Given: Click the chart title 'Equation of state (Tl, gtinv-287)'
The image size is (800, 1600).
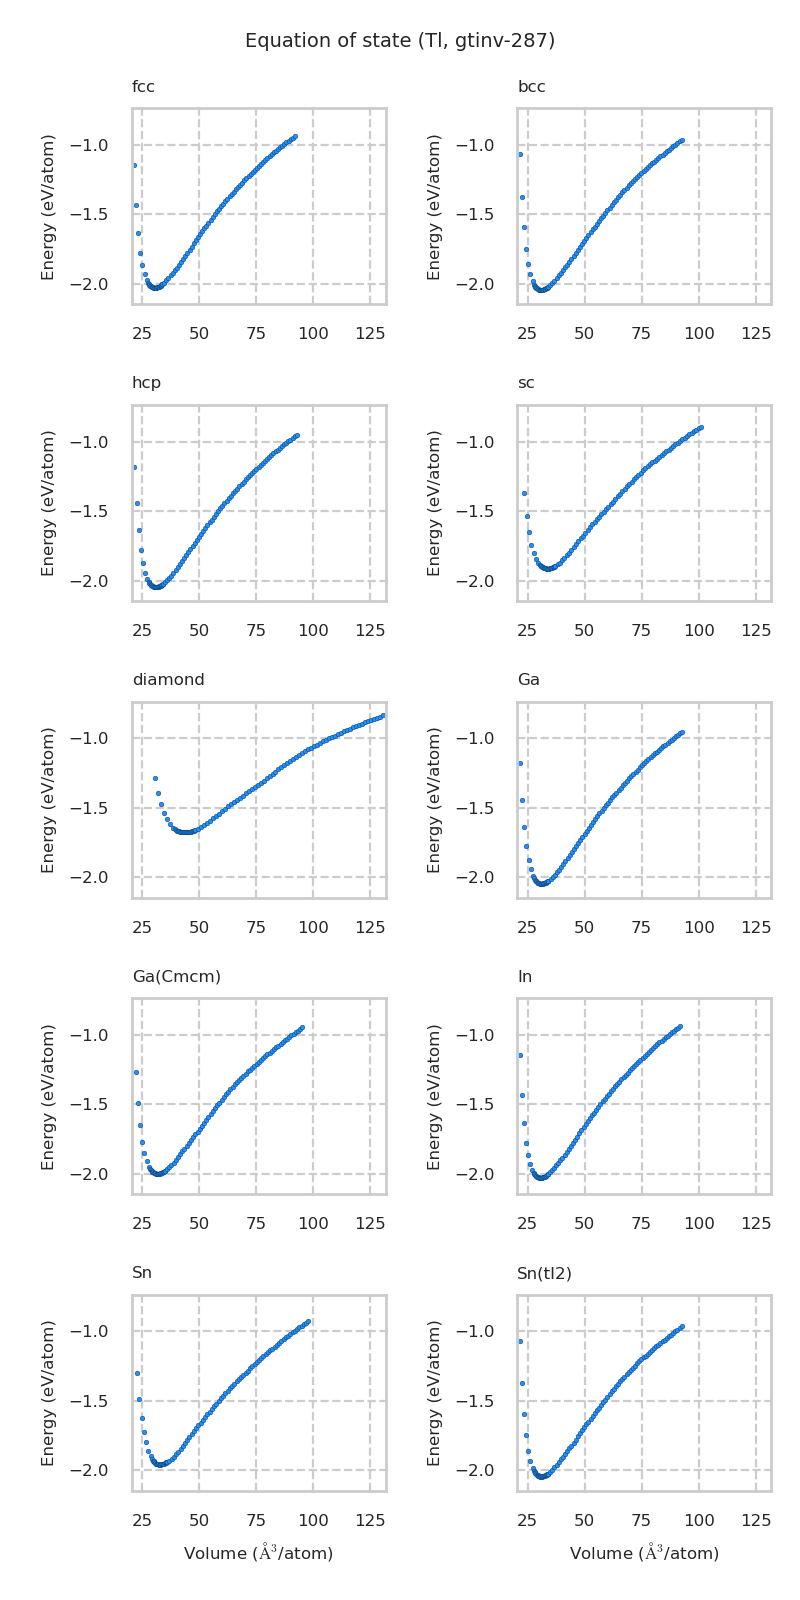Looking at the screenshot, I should click(x=400, y=41).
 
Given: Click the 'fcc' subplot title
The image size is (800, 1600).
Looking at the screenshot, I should click(x=143, y=87).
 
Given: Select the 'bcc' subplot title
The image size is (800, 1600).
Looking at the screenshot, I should click(x=531, y=87).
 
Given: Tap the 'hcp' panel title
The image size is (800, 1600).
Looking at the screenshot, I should click(x=146, y=383).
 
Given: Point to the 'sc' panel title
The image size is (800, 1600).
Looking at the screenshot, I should click(x=526, y=383).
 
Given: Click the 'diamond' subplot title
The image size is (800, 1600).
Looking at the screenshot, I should click(x=168, y=680).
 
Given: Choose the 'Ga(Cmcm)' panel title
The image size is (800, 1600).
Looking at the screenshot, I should click(x=176, y=976).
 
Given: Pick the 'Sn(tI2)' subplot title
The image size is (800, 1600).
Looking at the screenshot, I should click(x=544, y=1273).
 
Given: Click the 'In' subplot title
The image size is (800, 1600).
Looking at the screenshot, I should click(x=524, y=976).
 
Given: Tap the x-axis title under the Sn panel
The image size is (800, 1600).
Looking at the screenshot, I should click(x=258, y=1553).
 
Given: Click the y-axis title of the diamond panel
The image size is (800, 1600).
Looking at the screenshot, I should click(x=48, y=800).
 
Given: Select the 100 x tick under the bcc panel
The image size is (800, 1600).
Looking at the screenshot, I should click(x=699, y=332).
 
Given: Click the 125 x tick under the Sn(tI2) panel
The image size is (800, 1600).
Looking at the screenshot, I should click(x=756, y=1520).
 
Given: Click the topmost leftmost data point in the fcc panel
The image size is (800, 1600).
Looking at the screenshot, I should click(x=134, y=165).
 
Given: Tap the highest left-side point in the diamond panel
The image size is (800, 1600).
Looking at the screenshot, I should click(x=155, y=778).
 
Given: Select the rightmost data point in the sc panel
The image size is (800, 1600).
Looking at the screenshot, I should click(x=701, y=427).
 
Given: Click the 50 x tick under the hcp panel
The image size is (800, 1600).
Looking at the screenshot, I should click(x=199, y=630).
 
